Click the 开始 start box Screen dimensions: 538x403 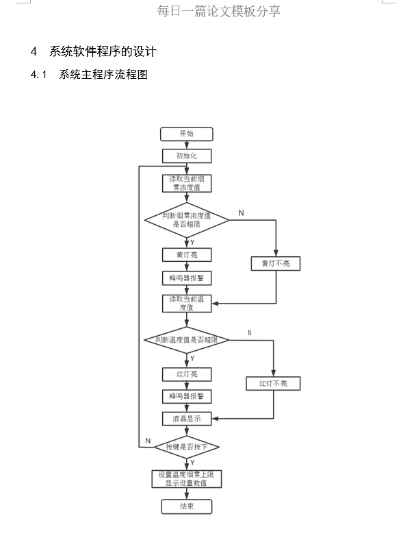click(186, 134)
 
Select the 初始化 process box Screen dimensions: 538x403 click(186, 156)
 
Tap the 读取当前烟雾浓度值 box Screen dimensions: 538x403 click(186, 183)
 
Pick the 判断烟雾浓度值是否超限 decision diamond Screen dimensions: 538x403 click(186, 220)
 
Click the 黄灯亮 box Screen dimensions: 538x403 click(186, 255)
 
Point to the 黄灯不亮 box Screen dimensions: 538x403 click(276, 263)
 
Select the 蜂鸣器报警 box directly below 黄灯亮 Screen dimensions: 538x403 click(186, 278)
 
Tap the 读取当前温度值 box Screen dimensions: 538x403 click(186, 304)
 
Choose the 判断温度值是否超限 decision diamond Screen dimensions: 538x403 click(186, 340)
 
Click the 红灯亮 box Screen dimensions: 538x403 click(186, 374)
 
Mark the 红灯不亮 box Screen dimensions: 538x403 click(273, 383)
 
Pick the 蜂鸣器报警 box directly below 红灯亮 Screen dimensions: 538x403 click(186, 397)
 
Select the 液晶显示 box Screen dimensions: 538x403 click(186, 419)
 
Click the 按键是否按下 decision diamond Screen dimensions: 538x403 click(186, 448)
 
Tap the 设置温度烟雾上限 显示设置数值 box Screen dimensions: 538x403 click(186, 478)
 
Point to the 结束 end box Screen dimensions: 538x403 click(186, 506)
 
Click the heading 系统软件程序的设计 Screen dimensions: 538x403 click(103, 51)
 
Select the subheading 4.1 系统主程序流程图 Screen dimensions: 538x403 click(89, 75)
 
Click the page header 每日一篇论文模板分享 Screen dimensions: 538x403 click(218, 11)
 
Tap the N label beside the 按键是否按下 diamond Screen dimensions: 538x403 click(147, 440)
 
